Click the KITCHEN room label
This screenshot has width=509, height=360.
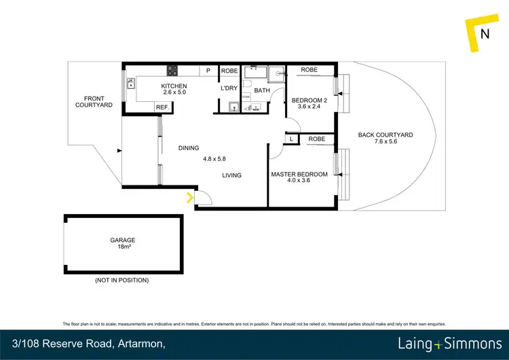coord(173,86)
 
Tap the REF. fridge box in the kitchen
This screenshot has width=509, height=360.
coord(163,107)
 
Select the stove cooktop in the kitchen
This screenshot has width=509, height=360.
coord(172,70)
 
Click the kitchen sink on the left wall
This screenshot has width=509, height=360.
coord(130,85)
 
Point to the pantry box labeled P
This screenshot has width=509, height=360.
coord(208,70)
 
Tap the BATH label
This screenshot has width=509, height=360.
coord(262,90)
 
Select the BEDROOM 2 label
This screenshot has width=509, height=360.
coord(309,101)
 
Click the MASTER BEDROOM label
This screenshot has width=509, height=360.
coord(299,175)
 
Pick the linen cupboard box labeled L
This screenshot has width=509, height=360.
coord(291,139)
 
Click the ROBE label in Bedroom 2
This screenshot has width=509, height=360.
coord(309,70)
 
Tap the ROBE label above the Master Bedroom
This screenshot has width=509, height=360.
coord(316,139)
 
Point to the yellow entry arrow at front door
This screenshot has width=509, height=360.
coord(189,198)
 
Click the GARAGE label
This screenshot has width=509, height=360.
coord(123,240)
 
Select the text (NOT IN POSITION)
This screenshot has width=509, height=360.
coord(122,280)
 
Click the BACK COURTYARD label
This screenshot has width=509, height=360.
coord(385,134)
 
